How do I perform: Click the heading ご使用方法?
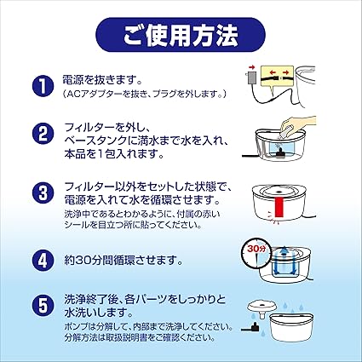(181, 35)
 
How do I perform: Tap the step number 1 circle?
(43, 85)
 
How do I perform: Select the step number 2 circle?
(43, 134)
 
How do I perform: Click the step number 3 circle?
(43, 193)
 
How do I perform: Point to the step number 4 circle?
(43, 261)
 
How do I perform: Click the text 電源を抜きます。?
(102, 81)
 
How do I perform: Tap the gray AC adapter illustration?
(251, 78)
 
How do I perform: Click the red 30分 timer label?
(256, 249)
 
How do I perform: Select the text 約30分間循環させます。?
(123, 261)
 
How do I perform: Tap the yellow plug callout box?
(277, 75)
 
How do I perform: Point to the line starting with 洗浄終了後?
(145, 300)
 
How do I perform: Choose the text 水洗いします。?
(99, 313)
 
